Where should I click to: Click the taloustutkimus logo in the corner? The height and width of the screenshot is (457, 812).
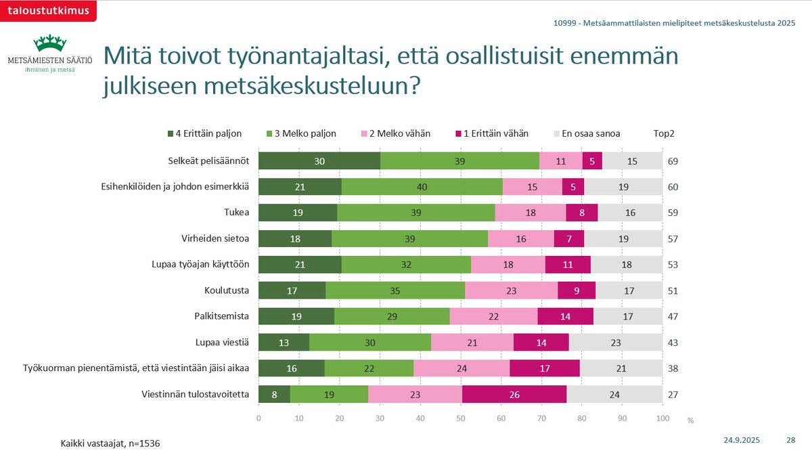coord(48,10)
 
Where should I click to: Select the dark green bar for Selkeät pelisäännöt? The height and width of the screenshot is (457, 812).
coord(319,161)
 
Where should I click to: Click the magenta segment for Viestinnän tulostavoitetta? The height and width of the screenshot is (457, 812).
coord(514,394)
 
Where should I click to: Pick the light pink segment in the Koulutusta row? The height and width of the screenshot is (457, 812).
coord(511,290)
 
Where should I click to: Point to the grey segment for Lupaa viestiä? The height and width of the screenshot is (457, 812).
coord(615,343)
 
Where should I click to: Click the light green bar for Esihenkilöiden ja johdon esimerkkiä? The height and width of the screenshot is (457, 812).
coord(422,187)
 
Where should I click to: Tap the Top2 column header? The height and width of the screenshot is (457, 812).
coord(664,133)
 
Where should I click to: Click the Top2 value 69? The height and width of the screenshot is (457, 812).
coord(673,161)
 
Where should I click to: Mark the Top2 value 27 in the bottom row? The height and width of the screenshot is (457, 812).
coord(673,394)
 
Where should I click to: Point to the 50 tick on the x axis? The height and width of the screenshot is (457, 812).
coord(461,418)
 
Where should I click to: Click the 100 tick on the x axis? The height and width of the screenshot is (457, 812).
coord(662,418)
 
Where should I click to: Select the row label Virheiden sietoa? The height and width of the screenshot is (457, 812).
coord(216,239)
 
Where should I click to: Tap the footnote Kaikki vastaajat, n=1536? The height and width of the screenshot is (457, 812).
coord(110,443)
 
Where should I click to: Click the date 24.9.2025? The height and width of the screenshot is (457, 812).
coord(742,440)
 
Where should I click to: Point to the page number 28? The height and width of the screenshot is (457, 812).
coord(790,440)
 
